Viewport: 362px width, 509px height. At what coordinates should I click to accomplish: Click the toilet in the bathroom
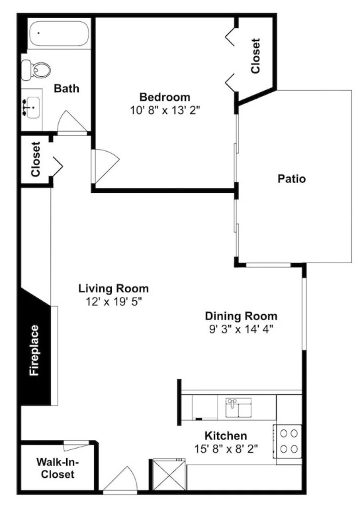point(36,70)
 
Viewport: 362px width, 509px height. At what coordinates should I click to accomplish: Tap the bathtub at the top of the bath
point(59,34)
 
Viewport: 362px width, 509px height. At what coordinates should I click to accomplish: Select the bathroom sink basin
point(32,107)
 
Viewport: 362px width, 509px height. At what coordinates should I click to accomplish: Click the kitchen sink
point(238,408)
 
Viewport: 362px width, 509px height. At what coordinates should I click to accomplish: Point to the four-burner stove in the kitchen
point(288,441)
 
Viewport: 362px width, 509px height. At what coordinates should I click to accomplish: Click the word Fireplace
point(34,350)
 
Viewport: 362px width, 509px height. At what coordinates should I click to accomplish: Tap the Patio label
point(292,179)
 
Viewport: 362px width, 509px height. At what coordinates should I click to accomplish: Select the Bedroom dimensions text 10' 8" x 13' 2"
point(165,111)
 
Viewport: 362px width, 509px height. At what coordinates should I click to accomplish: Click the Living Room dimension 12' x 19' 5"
point(114,302)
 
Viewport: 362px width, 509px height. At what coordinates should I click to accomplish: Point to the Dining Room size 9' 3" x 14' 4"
point(242,329)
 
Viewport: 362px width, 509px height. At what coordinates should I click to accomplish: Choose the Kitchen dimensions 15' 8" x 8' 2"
point(226,449)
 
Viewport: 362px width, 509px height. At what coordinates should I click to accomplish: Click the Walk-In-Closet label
point(58,468)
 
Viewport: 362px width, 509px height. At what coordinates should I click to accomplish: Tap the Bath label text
point(66,88)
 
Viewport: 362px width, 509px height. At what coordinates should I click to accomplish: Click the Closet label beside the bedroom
point(255,56)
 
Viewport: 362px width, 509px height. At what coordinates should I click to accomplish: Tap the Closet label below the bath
point(35,159)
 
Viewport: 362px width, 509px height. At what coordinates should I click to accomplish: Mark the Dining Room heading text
point(241,316)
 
